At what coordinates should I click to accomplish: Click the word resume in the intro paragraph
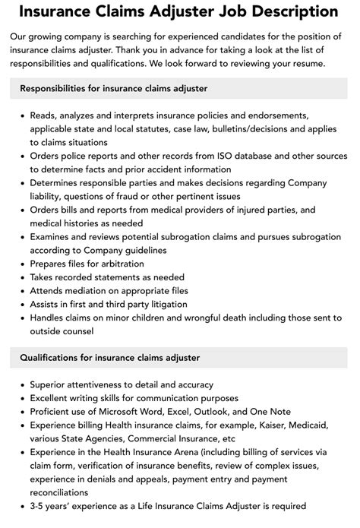307,63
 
